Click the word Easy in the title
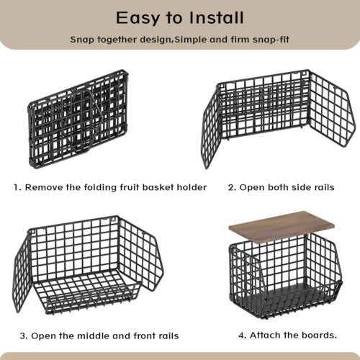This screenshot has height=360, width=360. (138, 19)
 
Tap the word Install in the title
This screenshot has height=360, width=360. (216, 18)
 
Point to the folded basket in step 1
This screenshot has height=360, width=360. (78, 119)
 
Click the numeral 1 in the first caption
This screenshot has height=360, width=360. (16, 187)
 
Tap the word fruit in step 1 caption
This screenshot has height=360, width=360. (130, 187)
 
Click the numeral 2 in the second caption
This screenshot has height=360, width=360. (231, 187)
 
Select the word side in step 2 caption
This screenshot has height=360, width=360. (295, 187)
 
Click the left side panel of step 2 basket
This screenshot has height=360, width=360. (211, 127)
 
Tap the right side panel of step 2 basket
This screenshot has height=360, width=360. (331, 109)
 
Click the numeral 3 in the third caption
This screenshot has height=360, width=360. (23, 336)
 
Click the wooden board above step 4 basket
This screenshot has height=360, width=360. (282, 228)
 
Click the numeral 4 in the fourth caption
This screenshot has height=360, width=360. (242, 336)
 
